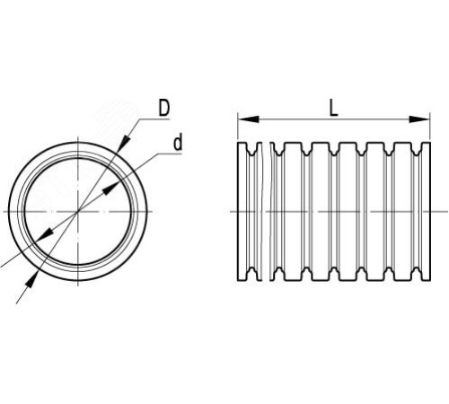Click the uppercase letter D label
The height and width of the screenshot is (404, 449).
[163, 108]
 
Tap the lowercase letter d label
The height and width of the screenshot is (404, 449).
[178, 143]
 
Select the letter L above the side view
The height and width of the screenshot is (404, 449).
[333, 108]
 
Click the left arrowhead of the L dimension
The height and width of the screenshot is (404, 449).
[249, 119]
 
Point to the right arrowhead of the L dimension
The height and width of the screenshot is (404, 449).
[419, 119]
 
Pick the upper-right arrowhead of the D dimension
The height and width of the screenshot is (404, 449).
[124, 143]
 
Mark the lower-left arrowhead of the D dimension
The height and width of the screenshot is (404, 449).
[31, 280]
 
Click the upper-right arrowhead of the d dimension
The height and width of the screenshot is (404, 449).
[110, 189]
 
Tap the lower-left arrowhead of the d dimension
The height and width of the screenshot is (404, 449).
[46, 234]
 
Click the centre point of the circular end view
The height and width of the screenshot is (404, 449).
[78, 212]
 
